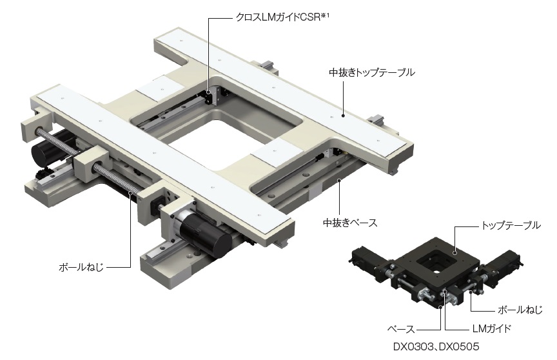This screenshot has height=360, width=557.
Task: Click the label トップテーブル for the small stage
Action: point(509,226)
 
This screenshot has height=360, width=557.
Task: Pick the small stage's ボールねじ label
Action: point(520,309)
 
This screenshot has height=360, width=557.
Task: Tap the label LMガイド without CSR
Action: point(484,328)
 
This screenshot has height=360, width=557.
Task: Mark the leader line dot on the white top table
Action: point(343,115)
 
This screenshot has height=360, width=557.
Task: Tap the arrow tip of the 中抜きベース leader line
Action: point(340,181)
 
